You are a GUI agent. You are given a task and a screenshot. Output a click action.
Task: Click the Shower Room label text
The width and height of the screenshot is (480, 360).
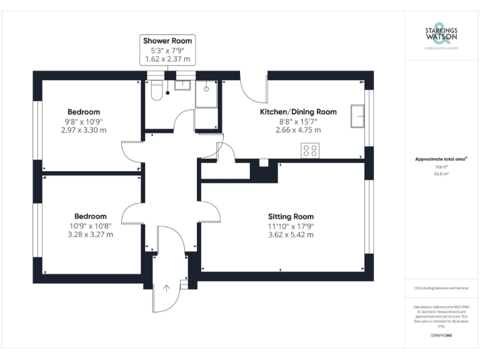167,41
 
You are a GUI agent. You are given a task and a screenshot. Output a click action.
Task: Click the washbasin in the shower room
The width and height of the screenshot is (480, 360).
183,85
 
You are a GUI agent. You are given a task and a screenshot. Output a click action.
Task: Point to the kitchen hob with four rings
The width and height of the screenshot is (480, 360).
311,150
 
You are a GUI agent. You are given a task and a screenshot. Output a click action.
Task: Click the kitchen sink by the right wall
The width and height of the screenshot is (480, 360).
357,116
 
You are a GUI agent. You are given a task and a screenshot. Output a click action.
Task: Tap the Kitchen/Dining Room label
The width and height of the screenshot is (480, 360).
298,112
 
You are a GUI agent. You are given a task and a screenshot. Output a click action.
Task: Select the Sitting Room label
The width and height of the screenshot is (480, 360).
291,217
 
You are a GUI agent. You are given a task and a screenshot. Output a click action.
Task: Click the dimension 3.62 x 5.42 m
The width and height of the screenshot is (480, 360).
291,235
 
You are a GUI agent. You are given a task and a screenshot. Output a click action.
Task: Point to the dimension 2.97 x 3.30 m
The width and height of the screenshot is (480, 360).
84,130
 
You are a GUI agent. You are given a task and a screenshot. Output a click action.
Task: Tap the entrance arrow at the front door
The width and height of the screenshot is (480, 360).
167,288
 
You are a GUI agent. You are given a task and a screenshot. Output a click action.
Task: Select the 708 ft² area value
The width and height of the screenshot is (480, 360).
442,167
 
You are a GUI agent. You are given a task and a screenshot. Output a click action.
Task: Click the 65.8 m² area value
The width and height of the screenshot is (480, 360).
442,174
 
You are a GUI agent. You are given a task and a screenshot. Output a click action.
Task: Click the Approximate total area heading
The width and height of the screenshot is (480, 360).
441,159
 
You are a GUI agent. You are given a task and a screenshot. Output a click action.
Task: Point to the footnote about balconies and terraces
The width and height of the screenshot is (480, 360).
441,288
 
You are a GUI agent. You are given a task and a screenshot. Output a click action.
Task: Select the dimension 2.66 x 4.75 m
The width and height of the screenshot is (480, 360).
298,130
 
